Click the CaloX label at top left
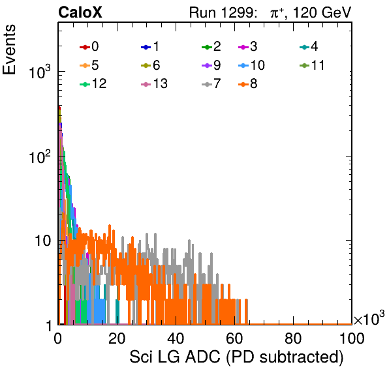[x=80, y=12]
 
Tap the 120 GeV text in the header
[x=322, y=12]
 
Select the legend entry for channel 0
[x=89, y=46]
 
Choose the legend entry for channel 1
[x=150, y=46]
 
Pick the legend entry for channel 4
[x=309, y=46]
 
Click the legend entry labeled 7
[x=211, y=83]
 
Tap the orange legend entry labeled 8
[x=247, y=83]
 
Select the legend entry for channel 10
[x=251, y=65]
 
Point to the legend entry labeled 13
[x=154, y=83]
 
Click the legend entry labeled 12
[x=93, y=83]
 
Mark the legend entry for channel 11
[x=312, y=65]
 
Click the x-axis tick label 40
[x=176, y=338]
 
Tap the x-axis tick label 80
[x=293, y=338]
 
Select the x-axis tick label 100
[x=352, y=338]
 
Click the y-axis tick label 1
[x=50, y=326]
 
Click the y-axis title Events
[x=9, y=50]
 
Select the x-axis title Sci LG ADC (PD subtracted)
[x=236, y=357]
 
